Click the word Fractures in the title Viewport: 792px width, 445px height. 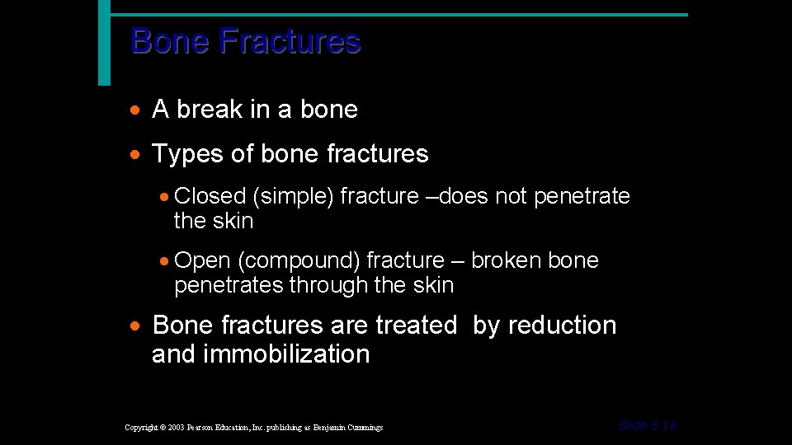[290, 41]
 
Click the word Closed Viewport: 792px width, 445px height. [210, 196]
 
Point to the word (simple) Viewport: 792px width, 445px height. [293, 196]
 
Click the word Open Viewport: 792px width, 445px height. [203, 260]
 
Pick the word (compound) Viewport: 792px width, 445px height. [299, 260]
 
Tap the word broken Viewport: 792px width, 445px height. [501, 260]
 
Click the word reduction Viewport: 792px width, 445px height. [562, 326]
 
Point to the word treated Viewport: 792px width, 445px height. [416, 326]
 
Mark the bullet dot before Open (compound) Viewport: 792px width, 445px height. [165, 261]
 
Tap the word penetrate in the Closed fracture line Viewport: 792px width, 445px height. [582, 196]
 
